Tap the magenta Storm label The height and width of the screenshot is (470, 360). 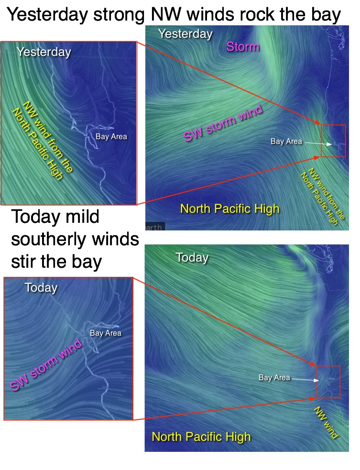(x=243, y=46)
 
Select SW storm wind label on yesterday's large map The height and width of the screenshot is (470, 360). (x=223, y=123)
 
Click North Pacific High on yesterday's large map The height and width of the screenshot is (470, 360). (x=229, y=208)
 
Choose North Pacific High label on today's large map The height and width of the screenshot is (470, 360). (x=201, y=437)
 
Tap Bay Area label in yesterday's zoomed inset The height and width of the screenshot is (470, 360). (x=111, y=137)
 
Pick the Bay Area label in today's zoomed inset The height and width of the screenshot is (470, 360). (x=106, y=333)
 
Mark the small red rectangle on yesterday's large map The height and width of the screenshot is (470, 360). (x=333, y=141)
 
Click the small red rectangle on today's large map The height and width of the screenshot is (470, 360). (x=328, y=382)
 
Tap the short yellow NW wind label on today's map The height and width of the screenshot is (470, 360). (x=326, y=423)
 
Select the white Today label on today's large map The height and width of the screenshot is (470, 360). (x=192, y=258)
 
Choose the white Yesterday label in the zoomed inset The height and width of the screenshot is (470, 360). (x=44, y=52)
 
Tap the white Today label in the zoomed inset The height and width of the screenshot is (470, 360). (x=41, y=288)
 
